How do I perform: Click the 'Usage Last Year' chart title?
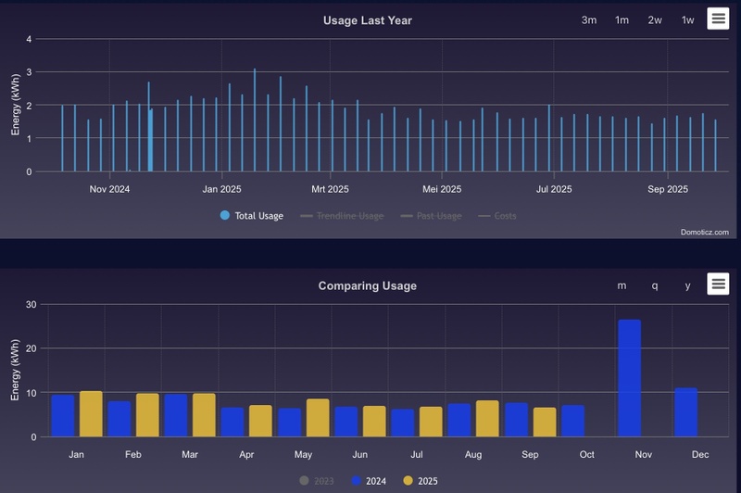[367, 20]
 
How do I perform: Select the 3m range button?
[589, 20]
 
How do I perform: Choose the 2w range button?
[655, 20]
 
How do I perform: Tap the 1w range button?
[687, 20]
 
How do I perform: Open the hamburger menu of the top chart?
[718, 19]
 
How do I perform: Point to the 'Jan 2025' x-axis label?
[221, 190]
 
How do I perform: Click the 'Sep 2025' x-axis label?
[667, 190]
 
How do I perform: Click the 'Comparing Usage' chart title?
[367, 285]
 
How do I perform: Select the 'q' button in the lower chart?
[655, 285]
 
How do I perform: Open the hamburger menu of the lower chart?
[718, 284]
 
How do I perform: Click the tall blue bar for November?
[629, 378]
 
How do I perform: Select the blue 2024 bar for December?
[685, 412]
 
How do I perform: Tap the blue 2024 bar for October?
[572, 421]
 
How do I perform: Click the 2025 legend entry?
[421, 481]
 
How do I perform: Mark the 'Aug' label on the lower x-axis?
[473, 455]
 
